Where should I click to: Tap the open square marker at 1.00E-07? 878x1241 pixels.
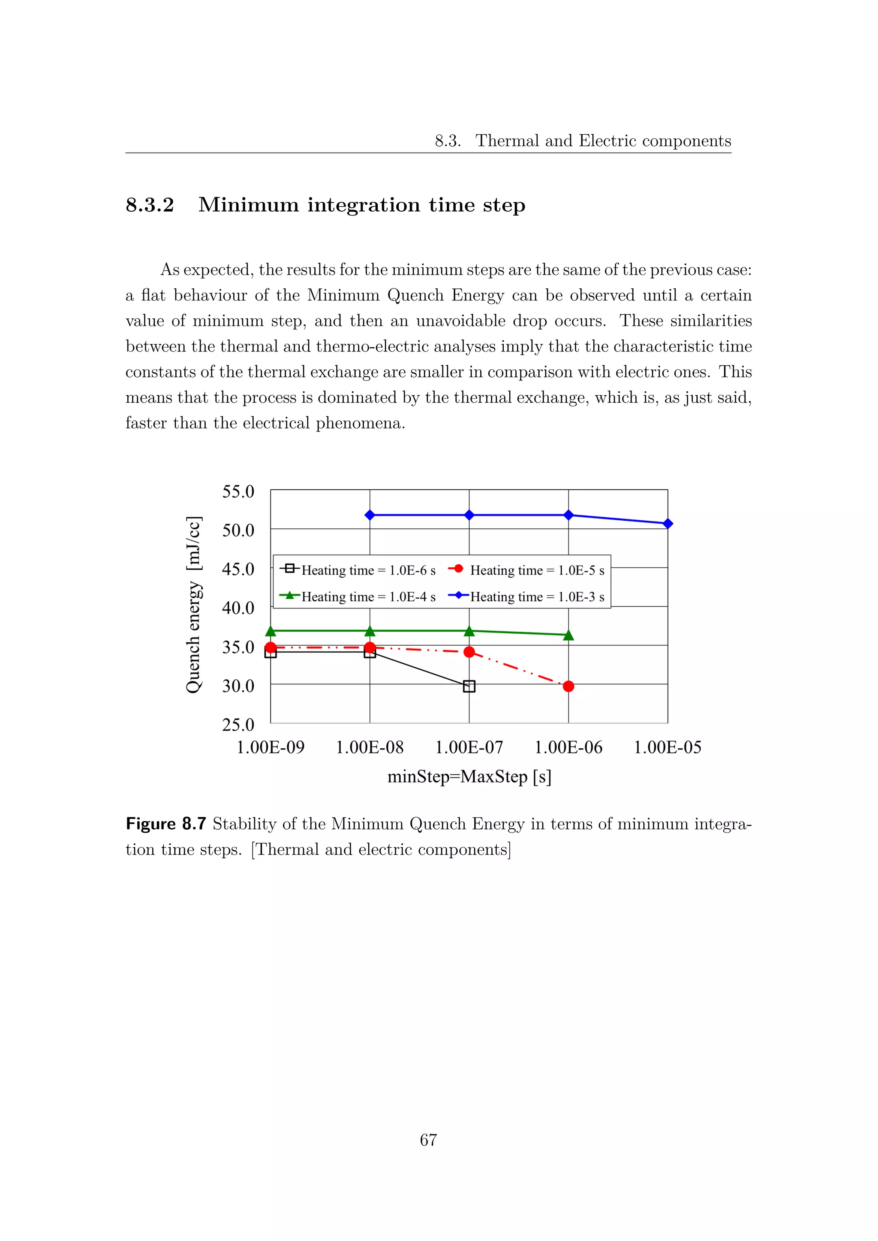(469, 686)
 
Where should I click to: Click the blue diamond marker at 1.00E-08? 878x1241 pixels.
(370, 515)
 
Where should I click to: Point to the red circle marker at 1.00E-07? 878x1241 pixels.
(469, 652)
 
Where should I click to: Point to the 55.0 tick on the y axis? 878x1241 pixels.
(238, 492)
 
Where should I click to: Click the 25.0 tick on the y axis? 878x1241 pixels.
(238, 724)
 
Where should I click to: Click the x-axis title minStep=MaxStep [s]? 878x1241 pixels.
(469, 777)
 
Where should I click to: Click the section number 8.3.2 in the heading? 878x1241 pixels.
(150, 205)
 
